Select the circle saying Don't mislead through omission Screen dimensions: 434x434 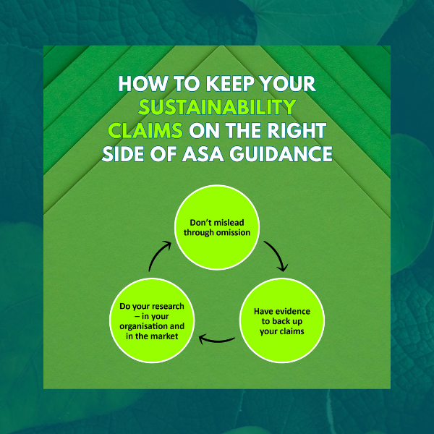(216, 227)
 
